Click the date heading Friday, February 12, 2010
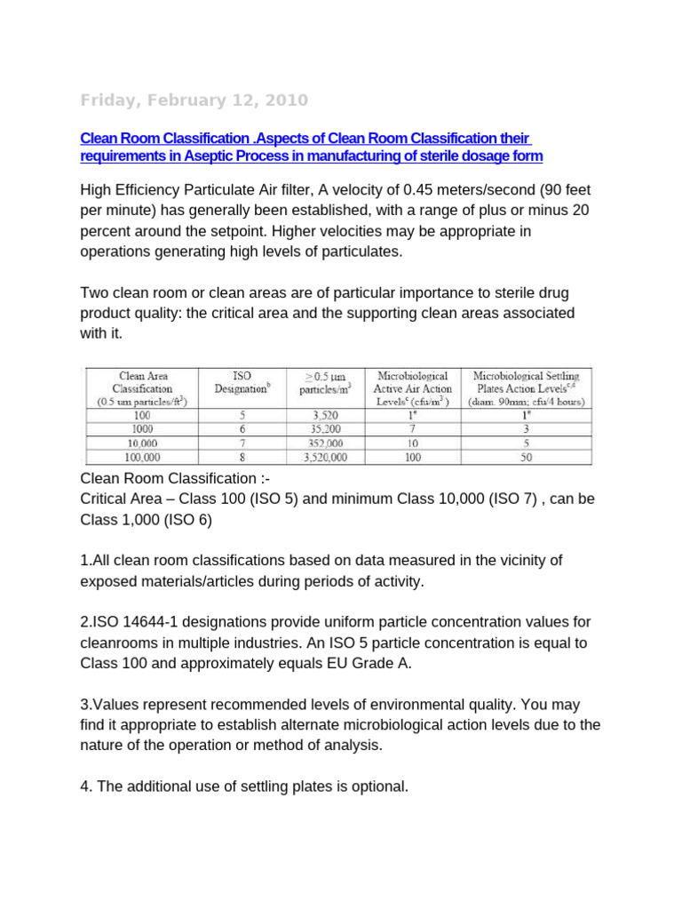pyautogui.click(x=194, y=100)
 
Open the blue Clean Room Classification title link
pyautogui.click(x=311, y=148)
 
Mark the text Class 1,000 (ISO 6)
pyautogui.click(x=147, y=520)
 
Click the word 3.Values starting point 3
pyautogui.click(x=110, y=705)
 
